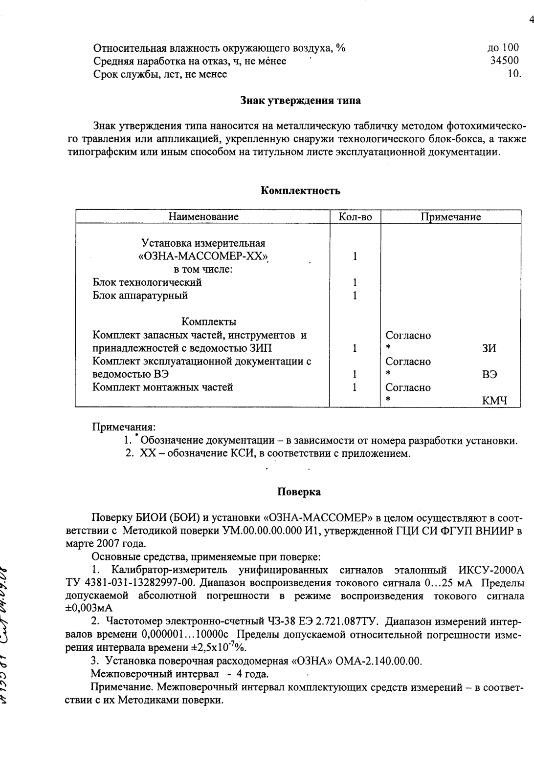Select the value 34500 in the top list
point(505,61)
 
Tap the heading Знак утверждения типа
point(300,101)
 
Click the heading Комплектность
point(300,191)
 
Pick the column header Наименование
point(203,216)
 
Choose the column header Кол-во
point(355,217)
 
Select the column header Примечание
point(450,217)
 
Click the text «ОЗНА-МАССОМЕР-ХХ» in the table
point(203,256)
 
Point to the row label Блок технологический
point(147,282)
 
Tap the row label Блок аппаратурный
point(140,296)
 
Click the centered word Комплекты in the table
point(209,321)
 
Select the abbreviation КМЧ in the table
point(494,401)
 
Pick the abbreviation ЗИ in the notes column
point(489,348)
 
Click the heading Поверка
point(299,492)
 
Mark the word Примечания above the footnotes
point(124,427)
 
